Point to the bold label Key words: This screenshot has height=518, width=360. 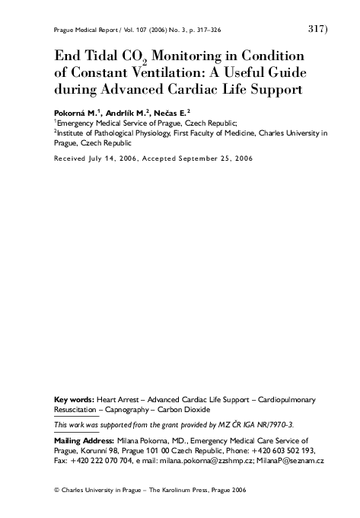click(75, 398)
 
